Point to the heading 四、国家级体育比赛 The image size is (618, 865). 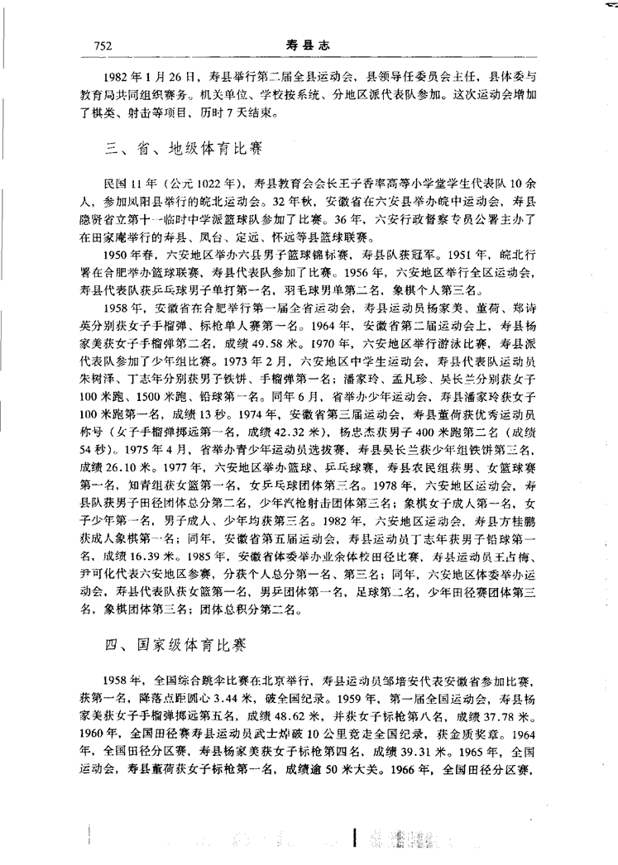tap(179, 642)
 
